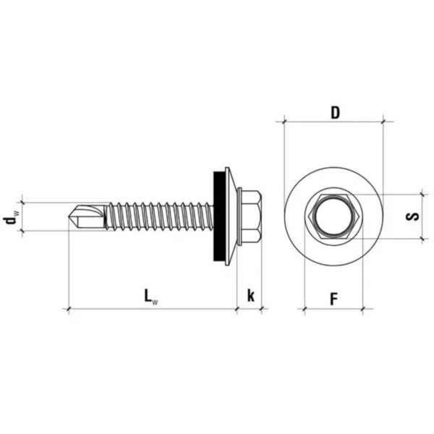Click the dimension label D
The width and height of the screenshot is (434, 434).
click(x=335, y=113)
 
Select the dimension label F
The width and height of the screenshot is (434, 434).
click(x=334, y=299)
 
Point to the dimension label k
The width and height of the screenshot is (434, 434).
click(x=250, y=296)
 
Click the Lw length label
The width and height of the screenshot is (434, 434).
click(x=151, y=297)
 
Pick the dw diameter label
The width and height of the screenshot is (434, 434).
click(x=11, y=217)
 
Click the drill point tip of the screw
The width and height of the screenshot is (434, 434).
click(x=69, y=216)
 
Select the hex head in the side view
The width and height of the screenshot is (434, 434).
click(x=251, y=216)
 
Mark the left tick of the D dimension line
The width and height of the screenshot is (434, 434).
click(x=284, y=122)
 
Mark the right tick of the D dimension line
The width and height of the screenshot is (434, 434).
click(x=383, y=122)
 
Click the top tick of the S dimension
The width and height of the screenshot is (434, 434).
click(x=422, y=195)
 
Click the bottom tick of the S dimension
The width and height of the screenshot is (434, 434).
click(x=422, y=238)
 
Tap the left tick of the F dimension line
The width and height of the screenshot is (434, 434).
click(x=305, y=308)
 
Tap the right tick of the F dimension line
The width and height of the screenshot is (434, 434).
click(x=362, y=308)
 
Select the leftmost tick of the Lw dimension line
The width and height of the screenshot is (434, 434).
click(x=69, y=308)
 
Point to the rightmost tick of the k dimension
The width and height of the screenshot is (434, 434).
click(x=261, y=308)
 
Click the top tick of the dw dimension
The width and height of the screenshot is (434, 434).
click(x=22, y=203)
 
